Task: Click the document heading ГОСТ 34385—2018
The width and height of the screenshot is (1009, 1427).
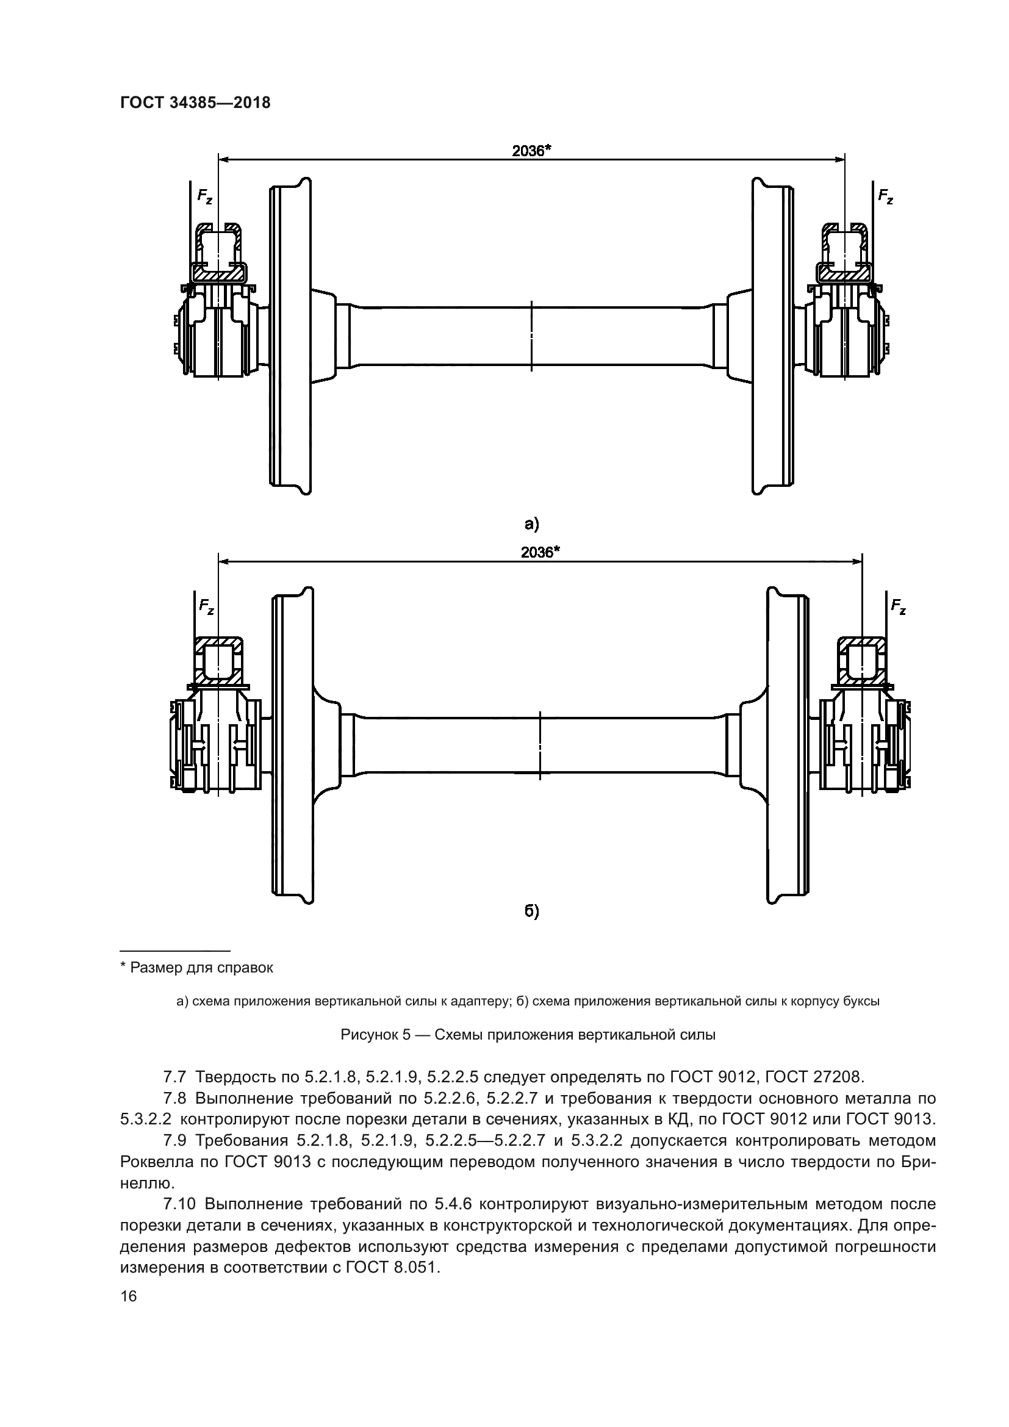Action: click(x=195, y=103)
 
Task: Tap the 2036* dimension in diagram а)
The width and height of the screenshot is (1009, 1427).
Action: click(x=532, y=151)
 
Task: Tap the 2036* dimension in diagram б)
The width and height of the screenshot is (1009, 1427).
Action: click(x=540, y=552)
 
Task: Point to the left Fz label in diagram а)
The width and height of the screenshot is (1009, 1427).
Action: click(x=205, y=196)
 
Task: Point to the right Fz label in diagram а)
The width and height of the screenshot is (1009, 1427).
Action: click(x=885, y=196)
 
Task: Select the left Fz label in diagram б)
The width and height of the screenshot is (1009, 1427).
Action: click(x=207, y=606)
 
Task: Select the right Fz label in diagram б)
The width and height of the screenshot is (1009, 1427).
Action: click(x=899, y=606)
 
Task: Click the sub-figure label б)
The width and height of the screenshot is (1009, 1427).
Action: click(x=532, y=911)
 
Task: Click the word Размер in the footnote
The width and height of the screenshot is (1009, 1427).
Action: click(x=154, y=968)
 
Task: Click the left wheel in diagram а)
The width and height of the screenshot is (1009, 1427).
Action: click(x=290, y=336)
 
